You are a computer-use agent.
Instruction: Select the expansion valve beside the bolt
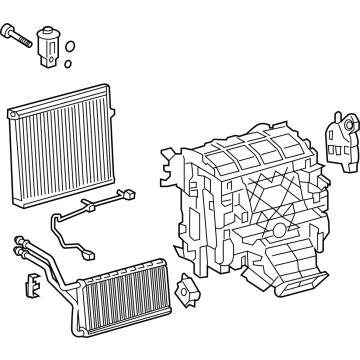tap(48, 44)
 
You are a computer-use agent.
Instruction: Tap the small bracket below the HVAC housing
tap(184, 294)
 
